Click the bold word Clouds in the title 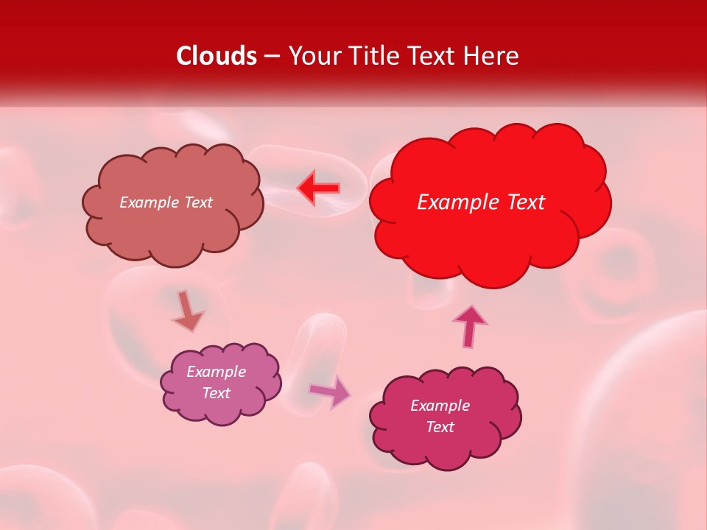pyautogui.click(x=217, y=56)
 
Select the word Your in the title pyautogui.click(x=312, y=56)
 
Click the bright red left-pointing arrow pyautogui.click(x=318, y=188)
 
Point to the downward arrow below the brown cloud pyautogui.click(x=187, y=311)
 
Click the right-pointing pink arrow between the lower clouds pyautogui.click(x=330, y=392)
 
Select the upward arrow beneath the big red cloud pyautogui.click(x=469, y=326)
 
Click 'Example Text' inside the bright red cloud pyautogui.click(x=481, y=202)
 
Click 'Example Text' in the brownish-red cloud pyautogui.click(x=166, y=202)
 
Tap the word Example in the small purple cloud pyautogui.click(x=216, y=372)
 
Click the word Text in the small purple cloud pyautogui.click(x=216, y=393)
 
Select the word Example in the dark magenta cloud pyautogui.click(x=440, y=406)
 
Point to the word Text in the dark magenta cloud pyautogui.click(x=440, y=427)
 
